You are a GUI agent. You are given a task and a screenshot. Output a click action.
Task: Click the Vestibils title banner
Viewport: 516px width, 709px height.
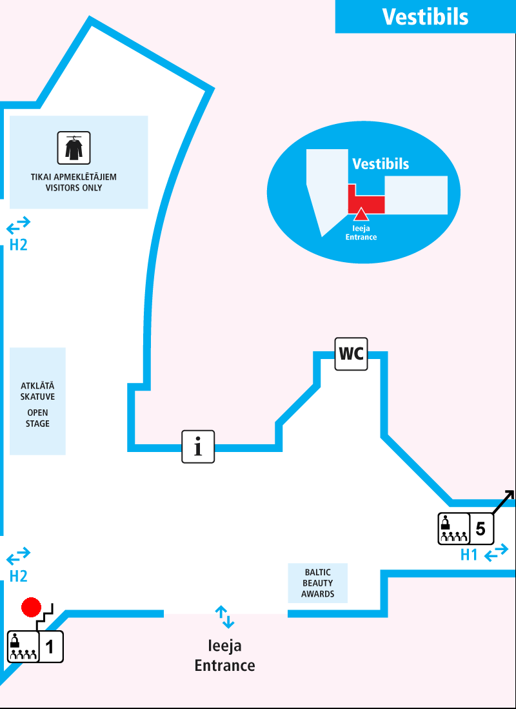(x=425, y=16)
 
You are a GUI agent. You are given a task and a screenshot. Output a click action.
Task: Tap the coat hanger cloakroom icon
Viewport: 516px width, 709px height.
(x=74, y=148)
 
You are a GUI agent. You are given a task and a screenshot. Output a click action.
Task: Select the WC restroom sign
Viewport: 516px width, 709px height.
(x=351, y=353)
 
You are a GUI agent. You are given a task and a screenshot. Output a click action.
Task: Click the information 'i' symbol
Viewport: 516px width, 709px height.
(x=198, y=446)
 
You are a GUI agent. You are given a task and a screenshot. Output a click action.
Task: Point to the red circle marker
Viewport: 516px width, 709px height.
(x=31, y=608)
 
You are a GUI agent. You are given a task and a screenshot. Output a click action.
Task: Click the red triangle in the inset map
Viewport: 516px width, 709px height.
(x=361, y=214)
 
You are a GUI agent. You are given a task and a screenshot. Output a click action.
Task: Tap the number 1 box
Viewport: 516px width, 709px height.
(x=51, y=646)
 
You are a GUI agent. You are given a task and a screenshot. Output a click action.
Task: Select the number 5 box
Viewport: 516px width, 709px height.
(x=481, y=529)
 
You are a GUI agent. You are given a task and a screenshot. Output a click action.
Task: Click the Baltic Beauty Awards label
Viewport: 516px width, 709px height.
(x=317, y=583)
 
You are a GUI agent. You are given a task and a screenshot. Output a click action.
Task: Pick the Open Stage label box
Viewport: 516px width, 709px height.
(x=37, y=401)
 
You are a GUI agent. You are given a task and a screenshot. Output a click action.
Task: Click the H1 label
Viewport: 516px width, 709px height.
(x=469, y=555)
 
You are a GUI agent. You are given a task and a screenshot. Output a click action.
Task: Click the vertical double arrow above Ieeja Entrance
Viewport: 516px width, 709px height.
(x=224, y=617)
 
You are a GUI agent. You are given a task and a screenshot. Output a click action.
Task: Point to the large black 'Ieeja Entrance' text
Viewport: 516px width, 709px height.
(x=224, y=655)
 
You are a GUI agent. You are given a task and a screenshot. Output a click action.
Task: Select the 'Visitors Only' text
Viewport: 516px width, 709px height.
(x=74, y=188)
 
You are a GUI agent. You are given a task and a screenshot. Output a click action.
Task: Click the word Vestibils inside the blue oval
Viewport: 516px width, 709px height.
(x=381, y=164)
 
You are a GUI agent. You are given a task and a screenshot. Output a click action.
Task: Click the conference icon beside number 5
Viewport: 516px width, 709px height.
(x=453, y=529)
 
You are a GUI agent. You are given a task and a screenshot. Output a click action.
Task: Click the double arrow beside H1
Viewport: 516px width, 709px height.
(x=496, y=554)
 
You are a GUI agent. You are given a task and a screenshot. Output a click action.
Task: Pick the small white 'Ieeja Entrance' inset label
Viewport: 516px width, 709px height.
(x=361, y=232)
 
